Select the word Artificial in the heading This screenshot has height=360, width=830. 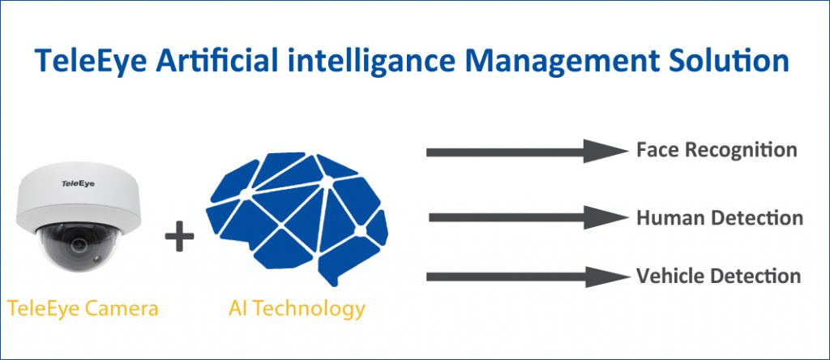217,60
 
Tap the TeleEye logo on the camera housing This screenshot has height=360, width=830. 78,184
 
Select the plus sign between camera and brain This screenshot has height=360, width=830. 179,236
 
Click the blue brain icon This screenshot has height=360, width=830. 297,217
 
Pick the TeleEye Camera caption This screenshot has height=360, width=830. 83,309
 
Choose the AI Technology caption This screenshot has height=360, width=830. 297,309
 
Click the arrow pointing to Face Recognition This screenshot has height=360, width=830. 527,152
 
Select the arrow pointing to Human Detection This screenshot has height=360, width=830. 528,217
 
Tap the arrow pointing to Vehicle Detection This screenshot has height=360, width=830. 528,276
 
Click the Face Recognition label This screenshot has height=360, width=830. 717,150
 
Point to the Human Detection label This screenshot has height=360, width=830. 720,217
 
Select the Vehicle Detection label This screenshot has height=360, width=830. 718,276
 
